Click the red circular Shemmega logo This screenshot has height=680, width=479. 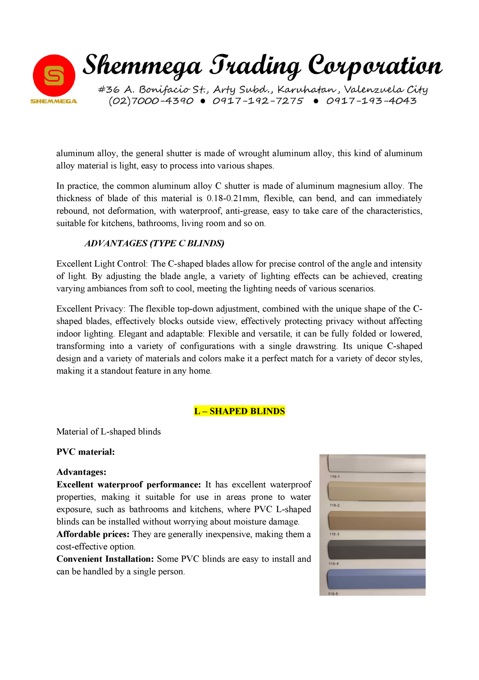pyautogui.click(x=54, y=76)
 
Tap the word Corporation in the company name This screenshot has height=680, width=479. pyautogui.click(x=375, y=66)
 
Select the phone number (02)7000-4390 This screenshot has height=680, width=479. pyautogui.click(x=151, y=101)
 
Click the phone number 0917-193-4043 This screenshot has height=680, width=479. pyautogui.click(x=371, y=101)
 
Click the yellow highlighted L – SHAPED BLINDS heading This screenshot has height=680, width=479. pyautogui.click(x=239, y=411)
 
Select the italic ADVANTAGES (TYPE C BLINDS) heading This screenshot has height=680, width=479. pyautogui.click(x=154, y=243)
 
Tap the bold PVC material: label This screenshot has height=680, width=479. pyautogui.click(x=86, y=452)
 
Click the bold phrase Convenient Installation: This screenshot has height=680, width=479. pyautogui.click(x=105, y=559)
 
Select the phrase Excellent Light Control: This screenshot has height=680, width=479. pyautogui.click(x=102, y=264)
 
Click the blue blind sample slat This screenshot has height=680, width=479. pyautogui.click(x=376, y=579)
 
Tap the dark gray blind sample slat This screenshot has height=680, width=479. pyautogui.click(x=376, y=550)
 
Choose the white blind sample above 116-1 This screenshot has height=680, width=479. pyautogui.click(x=376, y=464)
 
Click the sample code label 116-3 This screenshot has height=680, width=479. pyautogui.click(x=334, y=534)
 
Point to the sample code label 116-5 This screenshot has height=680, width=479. pyautogui.click(x=333, y=594)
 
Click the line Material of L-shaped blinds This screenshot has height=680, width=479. pyautogui.click(x=108, y=432)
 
